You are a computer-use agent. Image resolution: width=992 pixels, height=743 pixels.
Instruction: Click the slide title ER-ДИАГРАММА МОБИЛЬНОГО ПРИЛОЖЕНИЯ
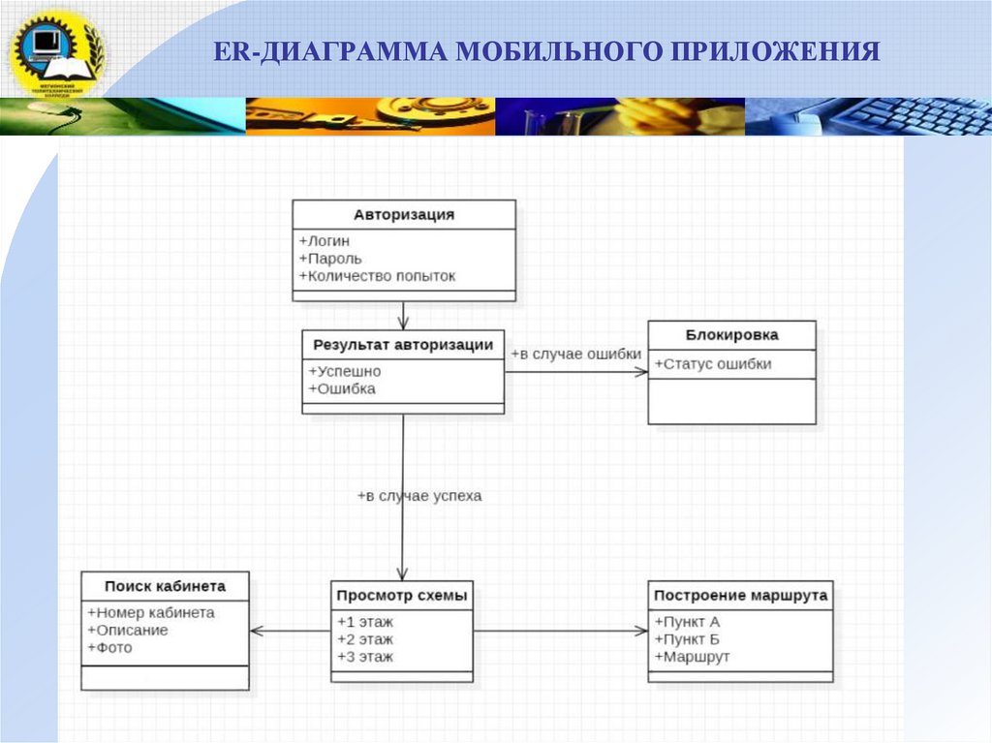[x=547, y=51]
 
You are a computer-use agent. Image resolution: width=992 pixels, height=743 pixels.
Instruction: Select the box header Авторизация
[x=403, y=215]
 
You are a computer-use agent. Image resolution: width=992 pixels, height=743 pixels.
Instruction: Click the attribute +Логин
[x=325, y=241]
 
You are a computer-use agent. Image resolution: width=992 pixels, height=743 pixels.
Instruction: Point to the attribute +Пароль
[x=330, y=259]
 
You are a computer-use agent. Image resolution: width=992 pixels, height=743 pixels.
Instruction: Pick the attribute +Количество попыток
[x=377, y=276]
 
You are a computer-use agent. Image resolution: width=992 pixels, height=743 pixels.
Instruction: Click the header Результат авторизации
[x=403, y=344]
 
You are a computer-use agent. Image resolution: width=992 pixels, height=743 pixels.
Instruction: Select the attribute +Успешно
[x=345, y=371]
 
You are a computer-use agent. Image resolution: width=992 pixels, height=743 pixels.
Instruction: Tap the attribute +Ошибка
[x=342, y=388]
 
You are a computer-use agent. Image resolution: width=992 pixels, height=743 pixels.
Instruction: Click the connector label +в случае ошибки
[x=576, y=355]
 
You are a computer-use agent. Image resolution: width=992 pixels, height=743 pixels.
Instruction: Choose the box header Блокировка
[x=731, y=335]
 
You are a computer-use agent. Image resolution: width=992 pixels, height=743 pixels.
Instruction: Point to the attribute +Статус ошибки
[x=713, y=364]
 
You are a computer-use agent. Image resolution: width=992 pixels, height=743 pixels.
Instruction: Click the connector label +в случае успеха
[x=418, y=496]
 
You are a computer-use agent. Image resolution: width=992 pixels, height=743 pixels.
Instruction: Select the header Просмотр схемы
[x=402, y=595]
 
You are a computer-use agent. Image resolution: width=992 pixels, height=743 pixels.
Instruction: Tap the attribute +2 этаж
[x=365, y=639]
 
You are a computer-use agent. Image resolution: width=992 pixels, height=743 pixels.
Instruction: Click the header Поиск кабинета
[x=165, y=586]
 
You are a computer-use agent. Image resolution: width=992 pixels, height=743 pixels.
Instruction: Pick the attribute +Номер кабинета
[x=151, y=613]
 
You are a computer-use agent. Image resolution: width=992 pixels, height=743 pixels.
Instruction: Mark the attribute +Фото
[x=109, y=647]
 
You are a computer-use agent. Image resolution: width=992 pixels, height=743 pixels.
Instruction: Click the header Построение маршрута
[x=740, y=596]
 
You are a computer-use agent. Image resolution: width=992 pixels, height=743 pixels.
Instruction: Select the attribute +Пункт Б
[x=687, y=639]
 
